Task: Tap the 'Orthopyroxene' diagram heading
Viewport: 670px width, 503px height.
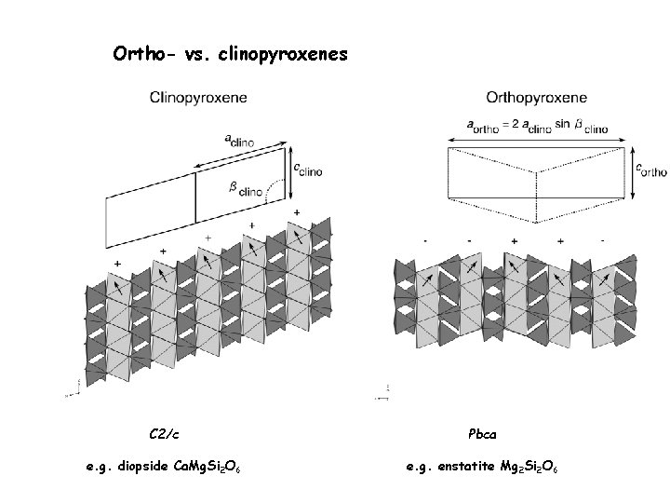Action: pyautogui.click(x=537, y=96)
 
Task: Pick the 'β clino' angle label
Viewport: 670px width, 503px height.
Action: pyautogui.click(x=245, y=190)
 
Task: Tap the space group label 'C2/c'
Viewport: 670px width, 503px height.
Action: pyautogui.click(x=165, y=433)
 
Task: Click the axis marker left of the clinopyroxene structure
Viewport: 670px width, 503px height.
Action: pyautogui.click(x=67, y=390)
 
